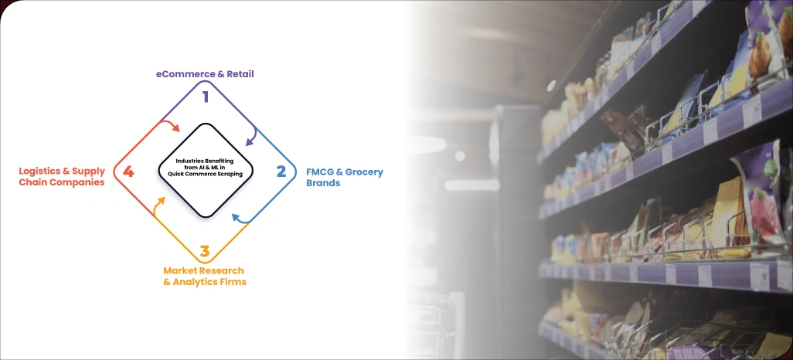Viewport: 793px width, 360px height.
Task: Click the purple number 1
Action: [x=206, y=97]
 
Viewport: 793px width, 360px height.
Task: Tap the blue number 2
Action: [x=281, y=171]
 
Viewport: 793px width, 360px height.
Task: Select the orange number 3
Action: [x=204, y=251]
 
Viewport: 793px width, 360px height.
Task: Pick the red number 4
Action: [x=128, y=172]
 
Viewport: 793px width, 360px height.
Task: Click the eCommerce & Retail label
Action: [x=205, y=74]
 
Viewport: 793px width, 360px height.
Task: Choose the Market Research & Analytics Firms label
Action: [x=204, y=277]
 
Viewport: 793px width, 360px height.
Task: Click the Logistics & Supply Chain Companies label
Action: [x=62, y=177]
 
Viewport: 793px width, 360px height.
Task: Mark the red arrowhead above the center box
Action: [x=177, y=128]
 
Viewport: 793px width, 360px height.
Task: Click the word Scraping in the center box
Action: [x=226, y=175]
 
